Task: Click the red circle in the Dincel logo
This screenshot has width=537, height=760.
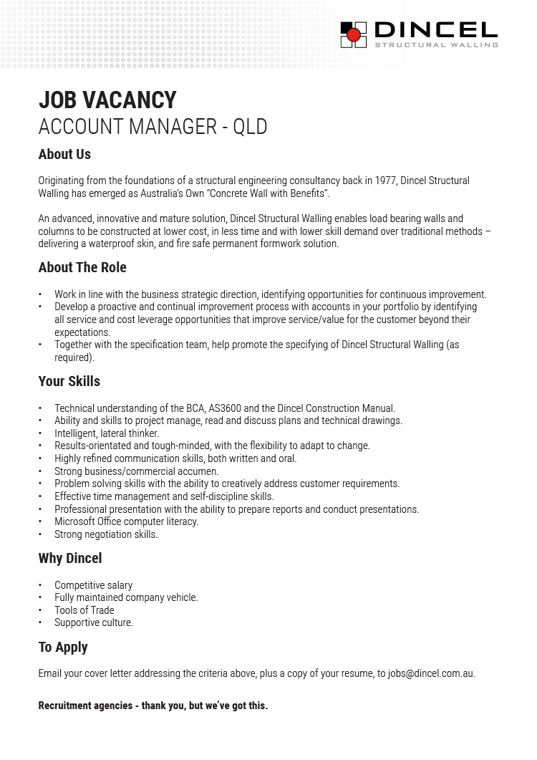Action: pos(354,35)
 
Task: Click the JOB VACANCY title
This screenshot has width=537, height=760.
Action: pos(107,100)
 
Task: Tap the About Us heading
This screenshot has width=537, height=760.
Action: pos(64,154)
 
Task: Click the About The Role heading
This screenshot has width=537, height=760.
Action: pos(82,267)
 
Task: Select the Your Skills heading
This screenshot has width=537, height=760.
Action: pos(69,381)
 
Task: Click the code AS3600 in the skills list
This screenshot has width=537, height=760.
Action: pos(226,408)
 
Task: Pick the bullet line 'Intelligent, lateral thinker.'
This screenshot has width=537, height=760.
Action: pos(107,433)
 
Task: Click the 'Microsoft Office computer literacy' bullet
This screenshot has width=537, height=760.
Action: pos(126,521)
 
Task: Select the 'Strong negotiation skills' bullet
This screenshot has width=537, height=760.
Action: pos(106,534)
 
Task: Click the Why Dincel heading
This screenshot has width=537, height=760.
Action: pos(70,558)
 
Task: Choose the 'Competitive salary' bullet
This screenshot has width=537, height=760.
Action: pos(93,585)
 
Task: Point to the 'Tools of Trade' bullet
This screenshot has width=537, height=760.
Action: pos(84,610)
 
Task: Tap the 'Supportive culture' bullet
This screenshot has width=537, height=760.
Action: pos(94,622)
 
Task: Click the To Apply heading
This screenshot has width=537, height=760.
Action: pos(63,647)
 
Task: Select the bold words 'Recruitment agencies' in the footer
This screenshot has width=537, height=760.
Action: pos(85,706)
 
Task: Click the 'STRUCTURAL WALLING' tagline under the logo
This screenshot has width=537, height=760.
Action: pos(436,44)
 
